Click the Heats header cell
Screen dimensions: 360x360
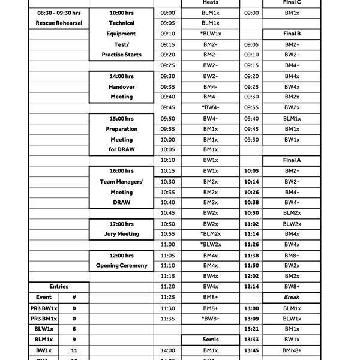[x=210, y=2]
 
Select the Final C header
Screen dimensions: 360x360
[x=292, y=2]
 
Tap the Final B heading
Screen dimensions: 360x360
[x=292, y=34]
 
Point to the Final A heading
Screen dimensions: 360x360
[x=292, y=160]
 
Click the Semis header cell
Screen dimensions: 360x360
[x=210, y=340]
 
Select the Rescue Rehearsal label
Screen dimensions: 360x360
[x=59, y=23]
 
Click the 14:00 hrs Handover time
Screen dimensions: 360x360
[x=122, y=76]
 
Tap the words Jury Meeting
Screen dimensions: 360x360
[x=122, y=234]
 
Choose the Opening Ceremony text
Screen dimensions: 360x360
[x=122, y=266]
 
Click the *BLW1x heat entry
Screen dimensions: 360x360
[x=210, y=34]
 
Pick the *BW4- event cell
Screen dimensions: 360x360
[x=210, y=107]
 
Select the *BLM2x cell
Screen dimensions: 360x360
[x=210, y=234]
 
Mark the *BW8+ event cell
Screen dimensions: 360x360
[x=210, y=318]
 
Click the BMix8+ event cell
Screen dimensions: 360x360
[x=292, y=350]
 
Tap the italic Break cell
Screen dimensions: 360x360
[x=292, y=297]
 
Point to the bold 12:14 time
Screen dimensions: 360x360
[x=252, y=287]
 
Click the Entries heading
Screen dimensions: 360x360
[x=59, y=287]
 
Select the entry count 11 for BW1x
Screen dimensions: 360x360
[x=74, y=350]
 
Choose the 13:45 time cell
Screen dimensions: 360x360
[x=252, y=350]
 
